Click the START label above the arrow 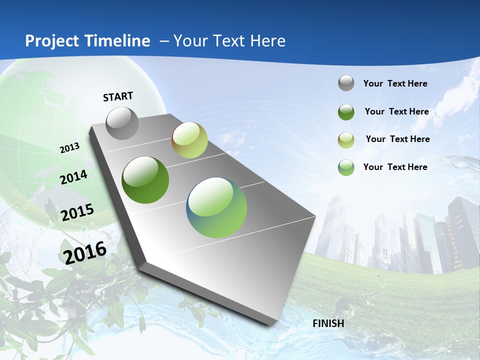point(118,96)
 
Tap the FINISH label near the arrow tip point(328,323)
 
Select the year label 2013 point(70,148)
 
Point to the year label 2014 point(73,177)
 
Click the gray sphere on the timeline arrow point(122,123)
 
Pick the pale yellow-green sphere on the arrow point(189,140)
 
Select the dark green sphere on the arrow point(145,180)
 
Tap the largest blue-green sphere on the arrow point(216,207)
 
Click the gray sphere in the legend point(346,83)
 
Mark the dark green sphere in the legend point(346,112)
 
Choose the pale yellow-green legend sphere point(346,140)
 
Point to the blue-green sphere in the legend point(346,167)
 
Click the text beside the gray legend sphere point(395,84)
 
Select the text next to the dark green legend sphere point(396,112)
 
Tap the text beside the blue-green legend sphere point(395,167)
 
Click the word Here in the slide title point(267,41)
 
